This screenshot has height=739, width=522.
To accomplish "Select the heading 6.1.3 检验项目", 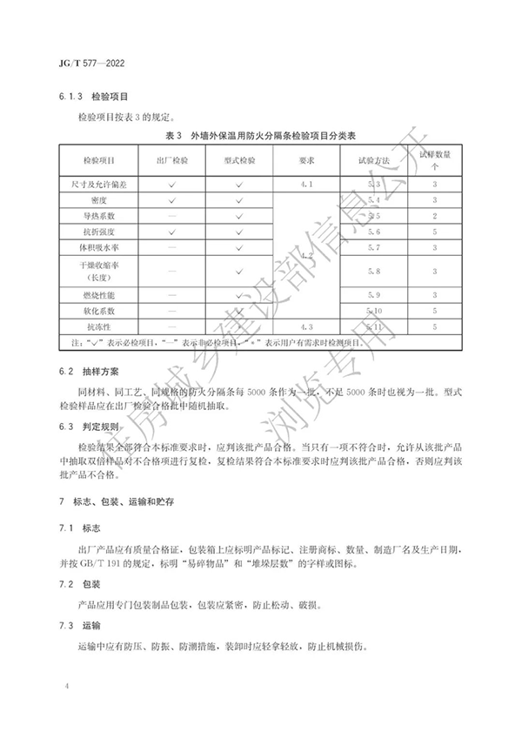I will tap(97, 100).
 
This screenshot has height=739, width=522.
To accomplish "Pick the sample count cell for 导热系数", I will tap(435, 216).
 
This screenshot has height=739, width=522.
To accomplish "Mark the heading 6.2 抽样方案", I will tap(91, 371).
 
